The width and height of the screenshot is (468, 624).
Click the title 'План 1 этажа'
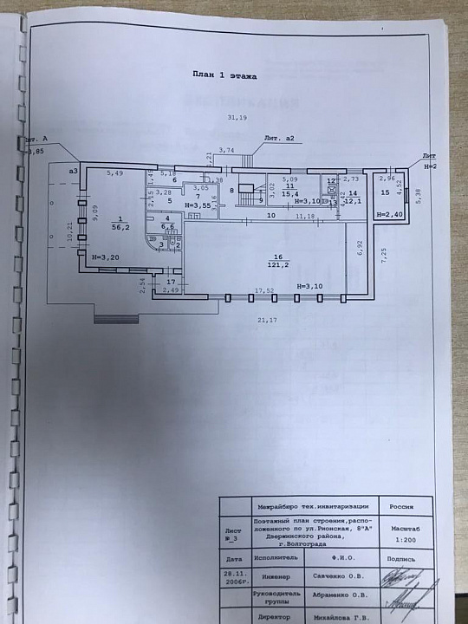(x=224, y=77)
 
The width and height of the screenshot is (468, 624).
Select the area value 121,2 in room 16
(x=279, y=265)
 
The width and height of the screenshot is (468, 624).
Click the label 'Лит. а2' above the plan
(x=281, y=139)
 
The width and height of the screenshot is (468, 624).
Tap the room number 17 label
(x=171, y=282)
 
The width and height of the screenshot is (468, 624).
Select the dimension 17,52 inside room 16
(x=263, y=290)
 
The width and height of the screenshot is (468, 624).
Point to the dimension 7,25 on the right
(x=383, y=254)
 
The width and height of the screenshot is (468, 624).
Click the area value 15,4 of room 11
(x=292, y=194)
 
